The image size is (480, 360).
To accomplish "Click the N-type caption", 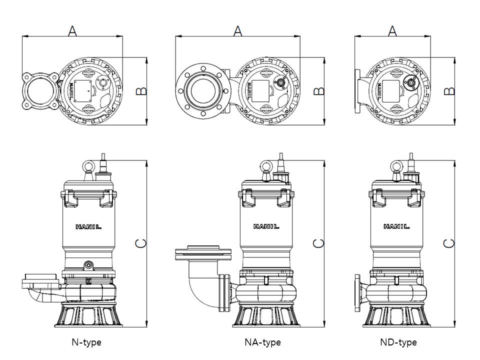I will pyautogui.click(x=86, y=342).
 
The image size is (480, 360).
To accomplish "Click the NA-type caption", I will pyautogui.click(x=262, y=342).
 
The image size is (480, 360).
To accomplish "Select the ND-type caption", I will pyautogui.click(x=398, y=342).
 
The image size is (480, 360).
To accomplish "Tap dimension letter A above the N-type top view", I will pyautogui.click(x=72, y=30).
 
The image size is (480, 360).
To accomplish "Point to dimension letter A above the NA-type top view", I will pyautogui.click(x=237, y=30).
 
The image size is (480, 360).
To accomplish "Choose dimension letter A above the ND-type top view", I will pyautogui.click(x=392, y=30).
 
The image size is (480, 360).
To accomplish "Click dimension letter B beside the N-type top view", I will pyautogui.click(x=141, y=91).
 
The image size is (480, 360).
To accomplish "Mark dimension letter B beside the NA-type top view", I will pyautogui.click(x=318, y=91).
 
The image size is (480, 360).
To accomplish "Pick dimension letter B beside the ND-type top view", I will pyautogui.click(x=449, y=91).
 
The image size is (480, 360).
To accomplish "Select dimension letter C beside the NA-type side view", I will pyautogui.click(x=318, y=243).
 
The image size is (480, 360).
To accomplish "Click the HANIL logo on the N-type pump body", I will pyautogui.click(x=88, y=226).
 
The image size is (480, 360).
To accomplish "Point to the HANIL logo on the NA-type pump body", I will pyautogui.click(x=266, y=226).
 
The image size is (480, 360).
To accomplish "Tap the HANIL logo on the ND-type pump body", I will pyautogui.click(x=396, y=226).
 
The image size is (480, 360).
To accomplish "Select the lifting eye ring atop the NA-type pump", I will pyautogui.click(x=266, y=166).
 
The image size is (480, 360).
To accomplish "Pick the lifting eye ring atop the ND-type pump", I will pyautogui.click(x=397, y=166).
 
